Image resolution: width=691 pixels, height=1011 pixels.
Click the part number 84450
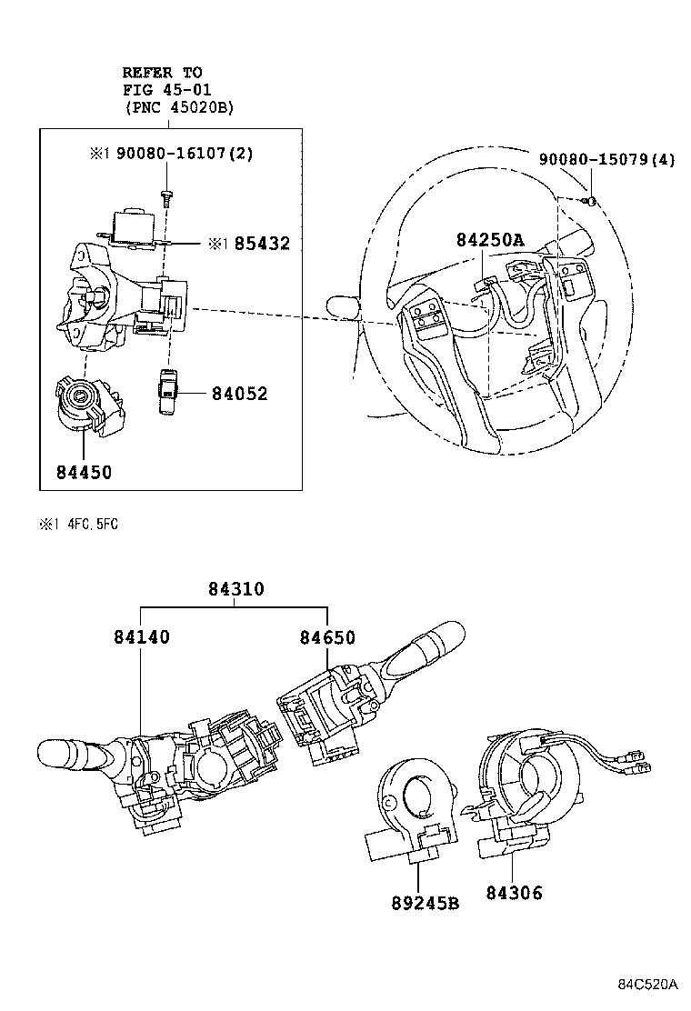(x=83, y=473)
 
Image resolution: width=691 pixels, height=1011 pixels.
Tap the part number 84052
(x=240, y=394)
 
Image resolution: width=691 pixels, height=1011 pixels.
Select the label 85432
(x=260, y=245)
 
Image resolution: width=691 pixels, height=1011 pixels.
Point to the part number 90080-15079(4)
(x=606, y=159)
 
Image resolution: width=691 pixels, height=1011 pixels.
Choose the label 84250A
(x=490, y=240)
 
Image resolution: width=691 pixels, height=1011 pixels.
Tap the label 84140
(x=142, y=637)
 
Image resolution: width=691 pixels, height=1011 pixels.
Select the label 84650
(x=327, y=637)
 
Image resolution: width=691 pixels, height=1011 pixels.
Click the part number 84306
(x=514, y=893)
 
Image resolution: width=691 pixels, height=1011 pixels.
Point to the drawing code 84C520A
(x=649, y=985)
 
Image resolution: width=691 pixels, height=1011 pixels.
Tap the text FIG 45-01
(x=165, y=89)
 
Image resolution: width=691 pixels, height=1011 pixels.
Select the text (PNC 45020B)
(x=179, y=107)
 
